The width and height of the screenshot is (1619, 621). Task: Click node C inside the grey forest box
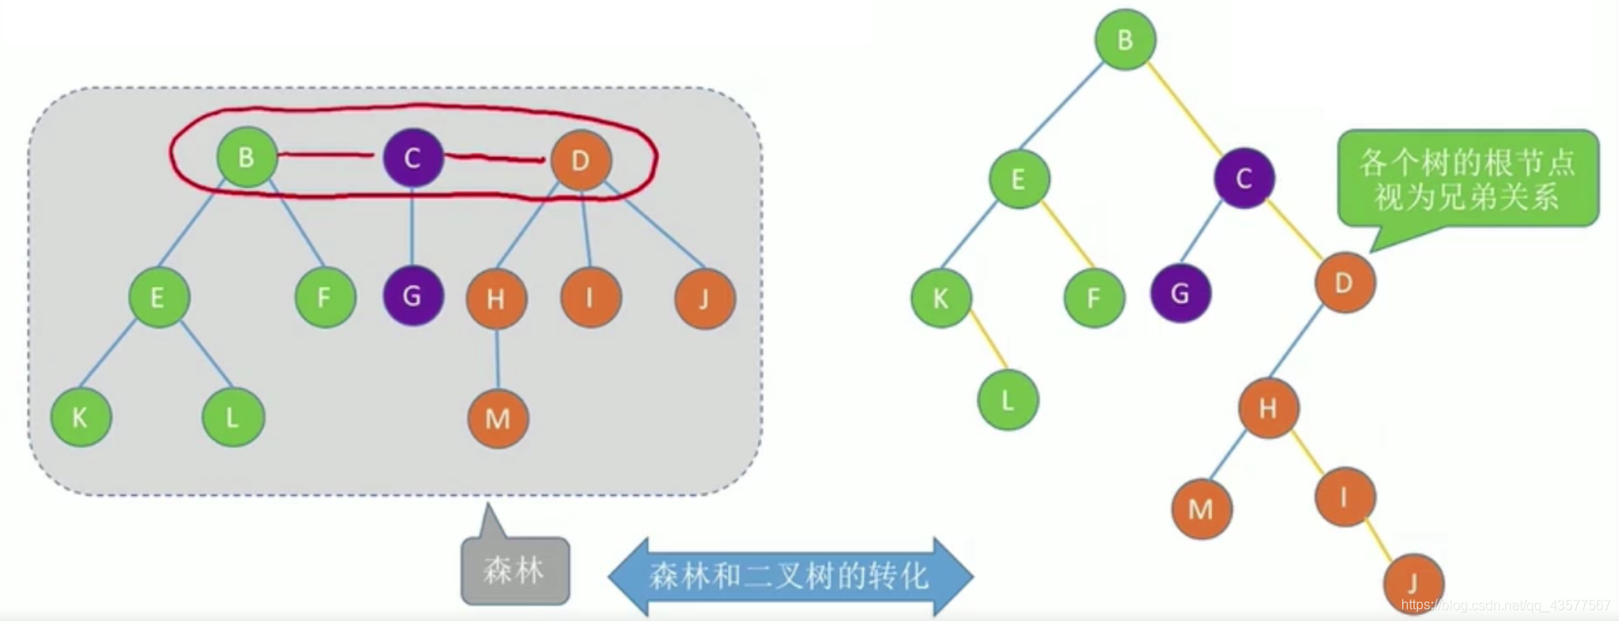(412, 158)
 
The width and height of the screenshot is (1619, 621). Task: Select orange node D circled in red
(580, 160)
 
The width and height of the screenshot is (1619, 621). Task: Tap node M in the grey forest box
(497, 419)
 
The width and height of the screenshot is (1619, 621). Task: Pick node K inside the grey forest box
(81, 418)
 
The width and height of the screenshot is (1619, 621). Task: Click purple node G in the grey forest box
(412, 296)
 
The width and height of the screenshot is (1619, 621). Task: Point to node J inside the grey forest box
(705, 298)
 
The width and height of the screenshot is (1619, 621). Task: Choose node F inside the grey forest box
(324, 298)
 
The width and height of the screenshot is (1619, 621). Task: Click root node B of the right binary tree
(1124, 39)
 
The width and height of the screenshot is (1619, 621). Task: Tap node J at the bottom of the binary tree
(1413, 585)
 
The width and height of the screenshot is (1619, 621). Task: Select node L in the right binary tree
(1008, 400)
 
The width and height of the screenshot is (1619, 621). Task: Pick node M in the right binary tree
(1201, 509)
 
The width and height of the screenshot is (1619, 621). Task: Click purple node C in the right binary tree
(1244, 178)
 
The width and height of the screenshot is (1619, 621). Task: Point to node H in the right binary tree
(1268, 408)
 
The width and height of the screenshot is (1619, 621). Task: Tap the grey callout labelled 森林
(514, 570)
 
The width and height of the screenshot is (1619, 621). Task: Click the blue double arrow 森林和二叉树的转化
(789, 576)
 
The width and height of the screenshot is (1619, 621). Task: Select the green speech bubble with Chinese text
(1467, 179)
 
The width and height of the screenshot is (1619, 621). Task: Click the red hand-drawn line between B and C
(326, 155)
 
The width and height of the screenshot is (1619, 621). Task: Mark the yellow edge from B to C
(1184, 107)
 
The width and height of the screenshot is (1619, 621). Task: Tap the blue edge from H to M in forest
(497, 359)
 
